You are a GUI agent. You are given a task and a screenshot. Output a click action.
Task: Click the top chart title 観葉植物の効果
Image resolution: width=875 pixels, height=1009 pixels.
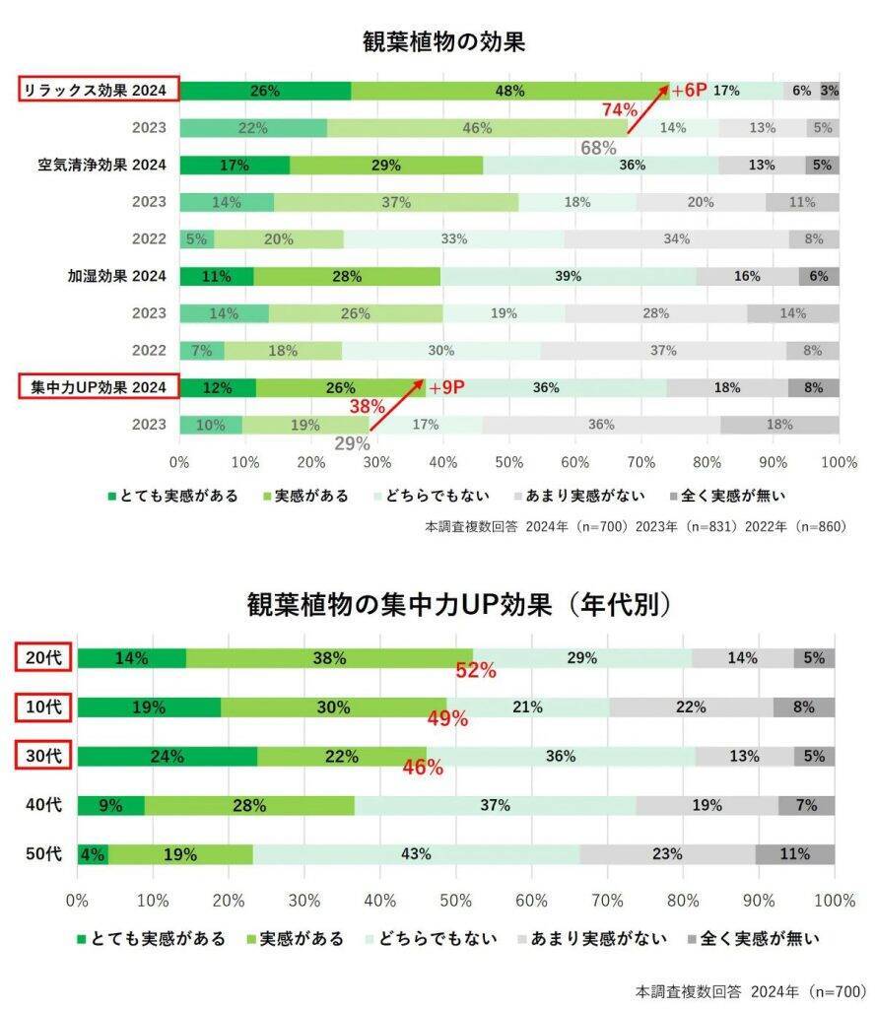point(442,42)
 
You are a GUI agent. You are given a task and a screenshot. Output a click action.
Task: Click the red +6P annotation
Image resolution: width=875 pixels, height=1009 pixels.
point(689,91)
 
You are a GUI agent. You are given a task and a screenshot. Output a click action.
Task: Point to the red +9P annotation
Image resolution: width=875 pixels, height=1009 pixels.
point(445,387)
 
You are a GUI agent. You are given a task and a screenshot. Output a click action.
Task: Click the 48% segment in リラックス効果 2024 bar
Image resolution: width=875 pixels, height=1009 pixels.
point(509,91)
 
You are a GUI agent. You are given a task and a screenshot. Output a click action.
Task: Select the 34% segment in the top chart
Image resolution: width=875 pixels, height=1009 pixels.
point(676,239)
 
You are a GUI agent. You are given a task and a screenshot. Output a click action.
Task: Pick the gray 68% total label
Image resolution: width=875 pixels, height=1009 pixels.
point(598,148)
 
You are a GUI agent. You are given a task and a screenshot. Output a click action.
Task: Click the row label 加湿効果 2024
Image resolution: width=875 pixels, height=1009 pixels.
point(110,277)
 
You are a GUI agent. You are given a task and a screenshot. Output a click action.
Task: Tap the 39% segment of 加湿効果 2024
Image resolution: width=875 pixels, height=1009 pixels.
point(568,277)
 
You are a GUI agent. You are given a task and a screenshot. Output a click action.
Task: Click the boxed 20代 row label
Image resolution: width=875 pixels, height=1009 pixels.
point(43,658)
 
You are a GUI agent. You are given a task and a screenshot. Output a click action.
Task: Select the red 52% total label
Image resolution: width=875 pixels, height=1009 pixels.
point(474,672)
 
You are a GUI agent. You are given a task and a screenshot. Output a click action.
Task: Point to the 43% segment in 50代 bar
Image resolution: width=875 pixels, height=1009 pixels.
point(416,854)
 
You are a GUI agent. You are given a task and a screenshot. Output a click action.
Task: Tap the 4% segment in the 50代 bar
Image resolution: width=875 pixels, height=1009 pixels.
point(92,854)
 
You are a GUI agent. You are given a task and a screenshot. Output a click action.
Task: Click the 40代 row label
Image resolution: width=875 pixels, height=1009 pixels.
point(43,805)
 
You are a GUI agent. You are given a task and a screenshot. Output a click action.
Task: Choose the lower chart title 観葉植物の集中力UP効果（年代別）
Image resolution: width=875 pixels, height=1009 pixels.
point(459,604)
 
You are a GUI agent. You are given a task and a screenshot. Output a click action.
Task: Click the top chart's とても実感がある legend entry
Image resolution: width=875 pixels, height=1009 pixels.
point(172,496)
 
